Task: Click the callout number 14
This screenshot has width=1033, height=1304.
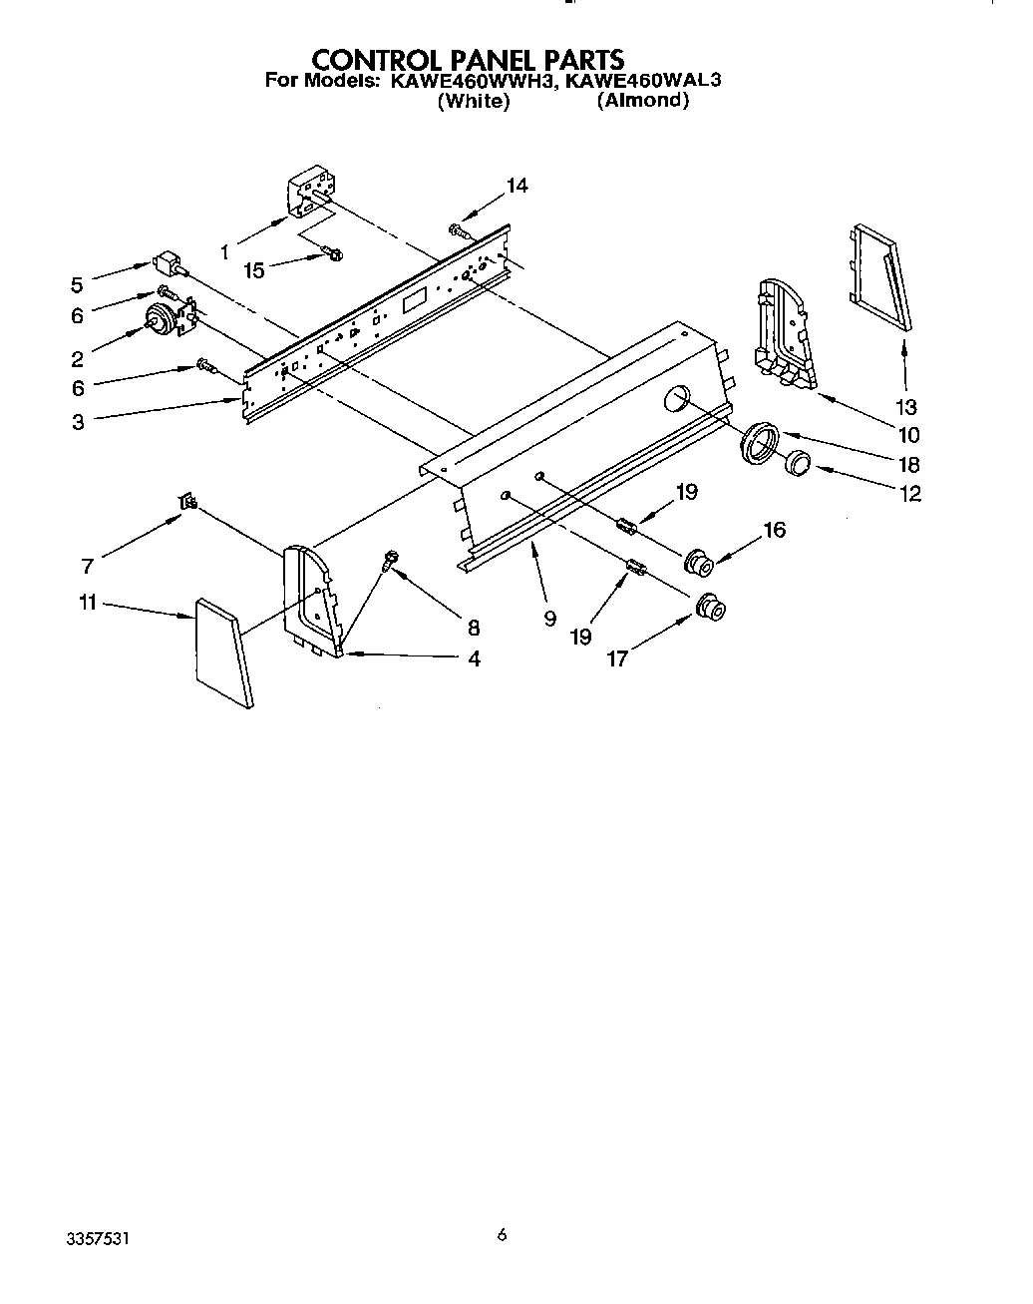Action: [516, 186]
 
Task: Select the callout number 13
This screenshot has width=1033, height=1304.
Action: [905, 407]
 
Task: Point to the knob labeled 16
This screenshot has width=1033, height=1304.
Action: [698, 563]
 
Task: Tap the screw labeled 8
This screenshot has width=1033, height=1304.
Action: [388, 563]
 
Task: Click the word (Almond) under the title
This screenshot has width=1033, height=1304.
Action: [643, 101]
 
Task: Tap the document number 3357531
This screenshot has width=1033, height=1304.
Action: [97, 1239]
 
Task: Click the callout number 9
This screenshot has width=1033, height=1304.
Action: [549, 619]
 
